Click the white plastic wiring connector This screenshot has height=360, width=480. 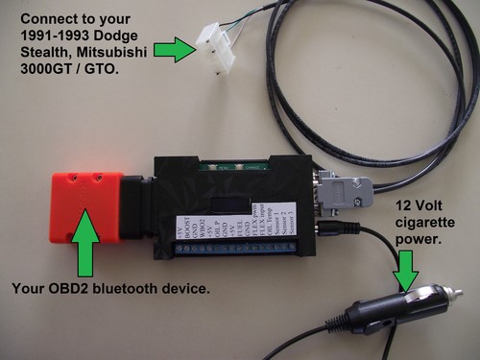point(217,44)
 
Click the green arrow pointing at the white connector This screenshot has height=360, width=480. point(173,49)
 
